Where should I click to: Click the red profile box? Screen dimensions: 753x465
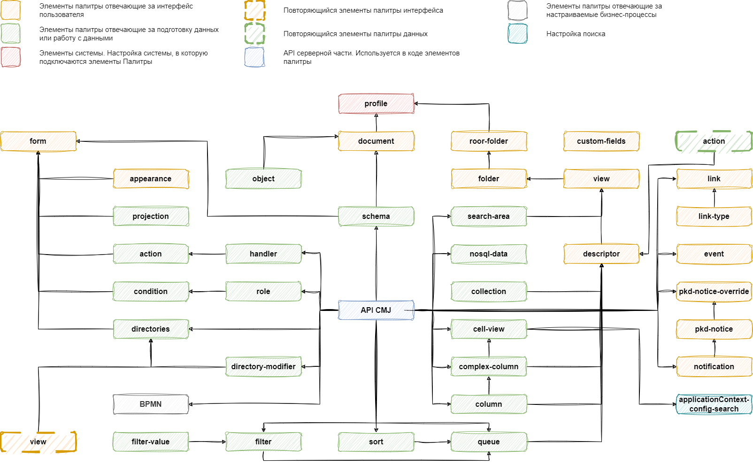tap(376, 103)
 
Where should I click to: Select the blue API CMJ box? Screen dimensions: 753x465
tap(376, 310)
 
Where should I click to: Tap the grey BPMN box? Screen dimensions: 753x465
tap(151, 404)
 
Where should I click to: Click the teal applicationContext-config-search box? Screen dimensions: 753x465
tap(714, 404)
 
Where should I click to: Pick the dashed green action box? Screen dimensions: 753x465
tap(714, 141)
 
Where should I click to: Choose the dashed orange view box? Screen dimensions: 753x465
tap(38, 442)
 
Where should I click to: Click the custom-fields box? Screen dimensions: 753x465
tap(601, 141)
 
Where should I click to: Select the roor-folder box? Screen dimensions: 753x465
tap(489, 141)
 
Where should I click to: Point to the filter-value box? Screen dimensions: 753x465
tap(151, 442)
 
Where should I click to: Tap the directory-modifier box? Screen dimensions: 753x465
tap(263, 366)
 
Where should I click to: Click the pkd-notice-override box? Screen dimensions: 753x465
tap(714, 291)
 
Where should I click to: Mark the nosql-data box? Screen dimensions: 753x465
tap(489, 254)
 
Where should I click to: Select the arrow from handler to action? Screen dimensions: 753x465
tap(207, 254)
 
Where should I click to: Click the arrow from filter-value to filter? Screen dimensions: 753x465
tap(207, 442)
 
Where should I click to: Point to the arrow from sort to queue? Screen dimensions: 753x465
tap(433, 442)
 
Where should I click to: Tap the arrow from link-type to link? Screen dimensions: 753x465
tap(714, 198)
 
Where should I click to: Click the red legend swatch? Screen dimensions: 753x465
tap(11, 57)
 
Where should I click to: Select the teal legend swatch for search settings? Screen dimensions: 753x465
tap(518, 34)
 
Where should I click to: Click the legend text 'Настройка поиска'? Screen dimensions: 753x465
tap(576, 34)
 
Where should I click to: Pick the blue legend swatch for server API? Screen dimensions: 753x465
tap(254, 57)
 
